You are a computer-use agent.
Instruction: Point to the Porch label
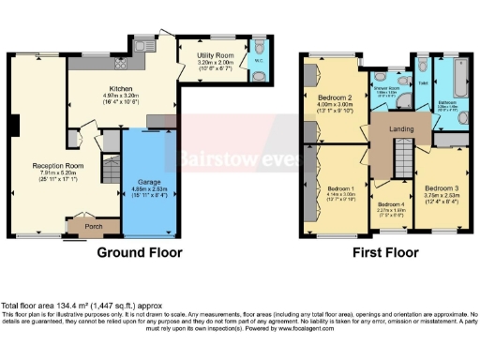click(93, 225)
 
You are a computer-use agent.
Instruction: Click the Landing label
click(401, 129)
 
